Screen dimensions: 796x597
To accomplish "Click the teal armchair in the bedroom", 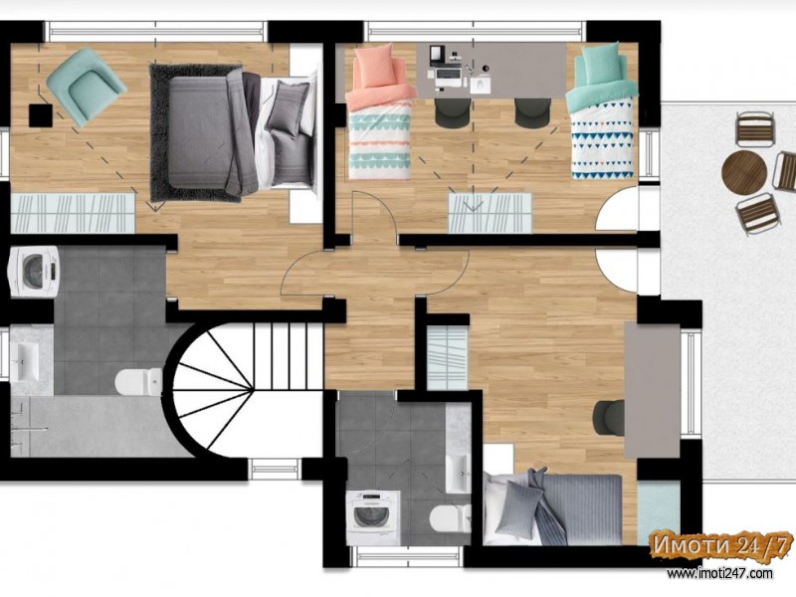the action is (86, 88).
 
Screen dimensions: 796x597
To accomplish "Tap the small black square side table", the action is (41, 115).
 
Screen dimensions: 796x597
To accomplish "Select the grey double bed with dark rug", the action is (233, 132).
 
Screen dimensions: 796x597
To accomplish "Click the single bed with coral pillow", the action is (379, 112).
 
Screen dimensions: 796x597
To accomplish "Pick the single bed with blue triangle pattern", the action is (602, 112).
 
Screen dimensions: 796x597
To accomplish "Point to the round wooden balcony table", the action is (744, 171).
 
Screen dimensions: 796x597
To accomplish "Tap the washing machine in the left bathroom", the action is (34, 272).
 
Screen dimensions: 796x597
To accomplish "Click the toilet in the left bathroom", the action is (138, 381).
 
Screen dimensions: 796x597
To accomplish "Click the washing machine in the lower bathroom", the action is (373, 516).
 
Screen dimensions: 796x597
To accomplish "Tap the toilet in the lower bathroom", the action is (451, 517).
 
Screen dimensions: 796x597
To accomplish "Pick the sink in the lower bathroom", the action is (458, 474).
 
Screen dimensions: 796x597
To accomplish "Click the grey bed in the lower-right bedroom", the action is (552, 508).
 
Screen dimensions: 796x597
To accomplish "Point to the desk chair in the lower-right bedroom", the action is (608, 417).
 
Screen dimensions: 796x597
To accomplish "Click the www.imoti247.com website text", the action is (719, 573).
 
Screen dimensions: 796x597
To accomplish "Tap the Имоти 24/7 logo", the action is (720, 546).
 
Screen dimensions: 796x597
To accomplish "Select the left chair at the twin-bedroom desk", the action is (453, 111).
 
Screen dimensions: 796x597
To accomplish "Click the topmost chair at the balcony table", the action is (756, 129).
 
